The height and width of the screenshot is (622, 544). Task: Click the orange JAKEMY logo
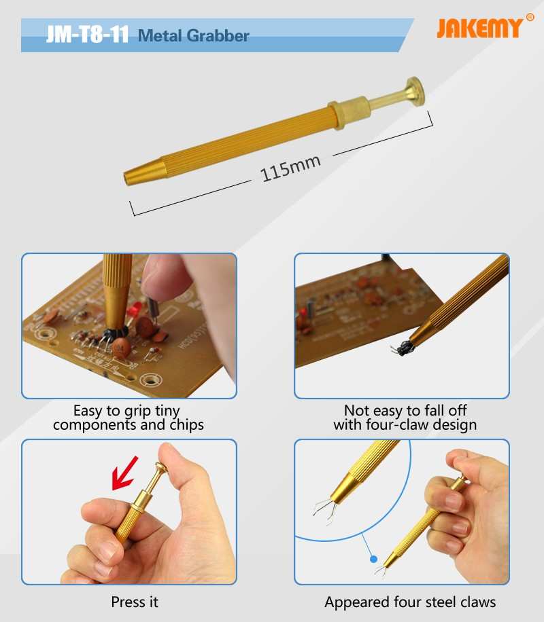click(x=480, y=28)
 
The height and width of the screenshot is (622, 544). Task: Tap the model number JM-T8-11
click(x=88, y=35)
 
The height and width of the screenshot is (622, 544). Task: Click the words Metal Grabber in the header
click(x=194, y=36)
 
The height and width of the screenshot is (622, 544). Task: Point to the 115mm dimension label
click(x=290, y=168)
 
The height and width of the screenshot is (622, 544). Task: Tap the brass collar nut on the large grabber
click(x=350, y=112)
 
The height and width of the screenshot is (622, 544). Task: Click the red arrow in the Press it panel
click(x=124, y=473)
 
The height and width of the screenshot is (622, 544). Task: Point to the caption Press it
click(x=135, y=602)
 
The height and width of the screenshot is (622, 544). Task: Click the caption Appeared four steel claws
click(x=410, y=602)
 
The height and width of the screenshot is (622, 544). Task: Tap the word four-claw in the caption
click(x=397, y=424)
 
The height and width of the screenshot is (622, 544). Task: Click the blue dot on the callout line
click(x=373, y=559)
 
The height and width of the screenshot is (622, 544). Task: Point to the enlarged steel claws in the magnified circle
click(x=326, y=510)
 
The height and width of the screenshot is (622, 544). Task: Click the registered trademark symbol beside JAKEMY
click(x=530, y=17)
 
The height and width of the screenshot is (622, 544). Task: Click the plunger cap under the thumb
click(x=161, y=466)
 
